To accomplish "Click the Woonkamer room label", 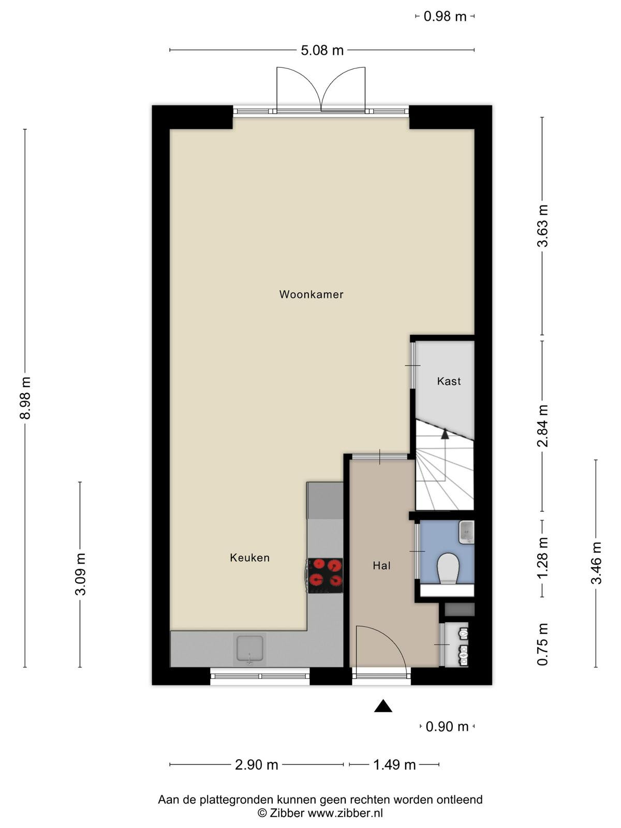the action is point(311,294).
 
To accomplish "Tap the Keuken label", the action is point(249,557).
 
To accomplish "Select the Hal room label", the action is point(381,566).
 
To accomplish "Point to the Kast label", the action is point(449,381).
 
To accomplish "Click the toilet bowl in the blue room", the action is point(448,568).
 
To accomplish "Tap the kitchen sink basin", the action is point(249,648).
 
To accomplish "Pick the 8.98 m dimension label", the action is point(25,398).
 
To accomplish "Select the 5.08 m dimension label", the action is point(322,50).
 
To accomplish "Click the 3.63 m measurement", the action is point(542,226).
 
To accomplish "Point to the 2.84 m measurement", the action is point(542,425).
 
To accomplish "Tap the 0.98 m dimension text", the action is point(445,17).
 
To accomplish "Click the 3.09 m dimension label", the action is point(80,574).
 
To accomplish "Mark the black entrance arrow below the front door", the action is point(383,706).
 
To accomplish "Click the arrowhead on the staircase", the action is point(445,434).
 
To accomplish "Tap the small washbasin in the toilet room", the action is point(466,532).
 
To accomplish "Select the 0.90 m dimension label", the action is point(447,727).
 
